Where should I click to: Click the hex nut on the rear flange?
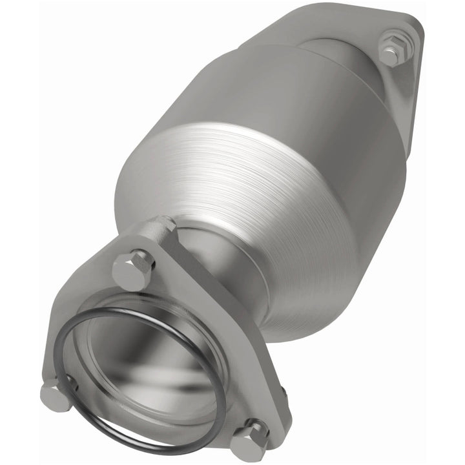(x=391, y=50)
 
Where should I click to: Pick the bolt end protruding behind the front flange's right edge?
(x=282, y=391)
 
